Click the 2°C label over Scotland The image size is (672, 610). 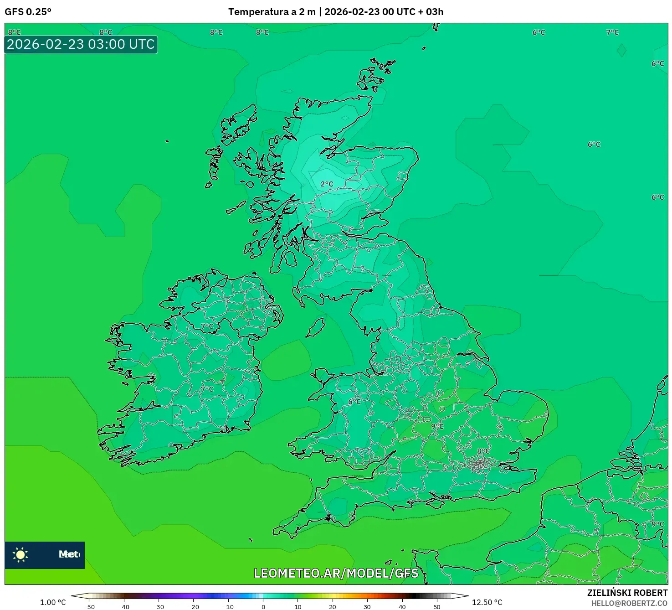327,184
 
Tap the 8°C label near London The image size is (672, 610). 483,451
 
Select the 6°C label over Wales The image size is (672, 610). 354,402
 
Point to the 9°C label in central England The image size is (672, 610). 437,427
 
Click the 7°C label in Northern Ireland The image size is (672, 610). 207,326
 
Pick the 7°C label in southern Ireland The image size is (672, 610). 207,389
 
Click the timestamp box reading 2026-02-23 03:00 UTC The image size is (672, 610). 81,45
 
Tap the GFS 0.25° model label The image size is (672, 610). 28,12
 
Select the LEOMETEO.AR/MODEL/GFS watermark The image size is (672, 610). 336,574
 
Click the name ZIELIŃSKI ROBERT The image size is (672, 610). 627,593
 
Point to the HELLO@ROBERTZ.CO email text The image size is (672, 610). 629,603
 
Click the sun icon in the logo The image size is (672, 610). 21,554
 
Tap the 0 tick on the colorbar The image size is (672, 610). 263,606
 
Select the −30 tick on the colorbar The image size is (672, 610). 159,606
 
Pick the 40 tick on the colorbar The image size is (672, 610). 402,606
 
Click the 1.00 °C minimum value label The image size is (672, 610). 53,602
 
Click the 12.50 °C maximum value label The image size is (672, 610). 487,602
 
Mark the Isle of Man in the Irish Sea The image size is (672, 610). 315,327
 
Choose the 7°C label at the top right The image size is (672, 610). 612,32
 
